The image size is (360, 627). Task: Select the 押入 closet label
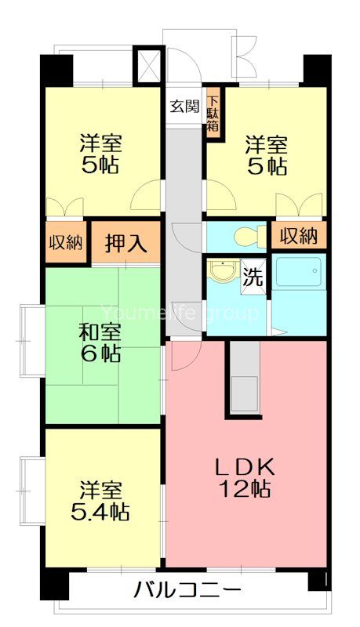coord(126,242)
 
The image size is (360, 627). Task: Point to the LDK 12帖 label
coord(245,477)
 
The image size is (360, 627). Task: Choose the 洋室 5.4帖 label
coord(100,502)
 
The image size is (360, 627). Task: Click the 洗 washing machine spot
coord(253,276)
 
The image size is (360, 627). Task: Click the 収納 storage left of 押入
coord(66,242)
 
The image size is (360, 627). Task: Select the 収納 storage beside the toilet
coord(299,235)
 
